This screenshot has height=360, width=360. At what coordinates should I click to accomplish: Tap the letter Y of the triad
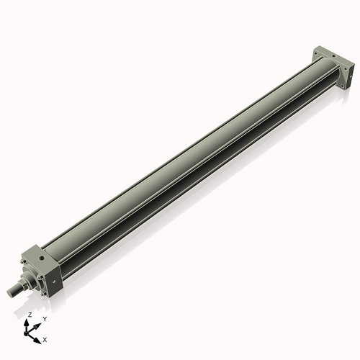point(45,318)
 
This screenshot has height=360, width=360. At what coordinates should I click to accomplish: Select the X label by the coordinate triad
point(45,339)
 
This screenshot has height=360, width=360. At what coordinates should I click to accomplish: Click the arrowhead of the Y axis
point(40,323)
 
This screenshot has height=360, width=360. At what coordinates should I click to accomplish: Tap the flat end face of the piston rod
point(9,292)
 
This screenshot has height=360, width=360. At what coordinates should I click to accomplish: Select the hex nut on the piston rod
point(23,285)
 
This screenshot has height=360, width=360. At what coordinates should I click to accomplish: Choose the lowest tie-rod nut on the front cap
point(45,294)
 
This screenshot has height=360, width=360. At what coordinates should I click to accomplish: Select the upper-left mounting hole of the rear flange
point(316,53)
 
